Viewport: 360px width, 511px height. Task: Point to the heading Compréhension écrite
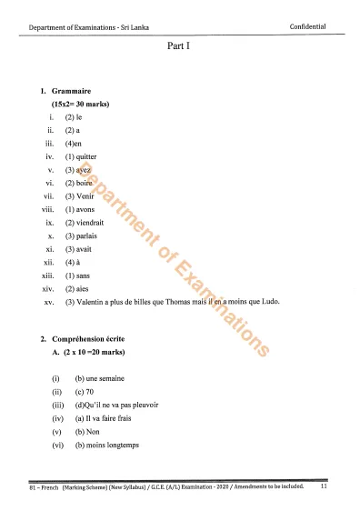click(94, 338)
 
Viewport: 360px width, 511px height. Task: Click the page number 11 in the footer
click(324, 488)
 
